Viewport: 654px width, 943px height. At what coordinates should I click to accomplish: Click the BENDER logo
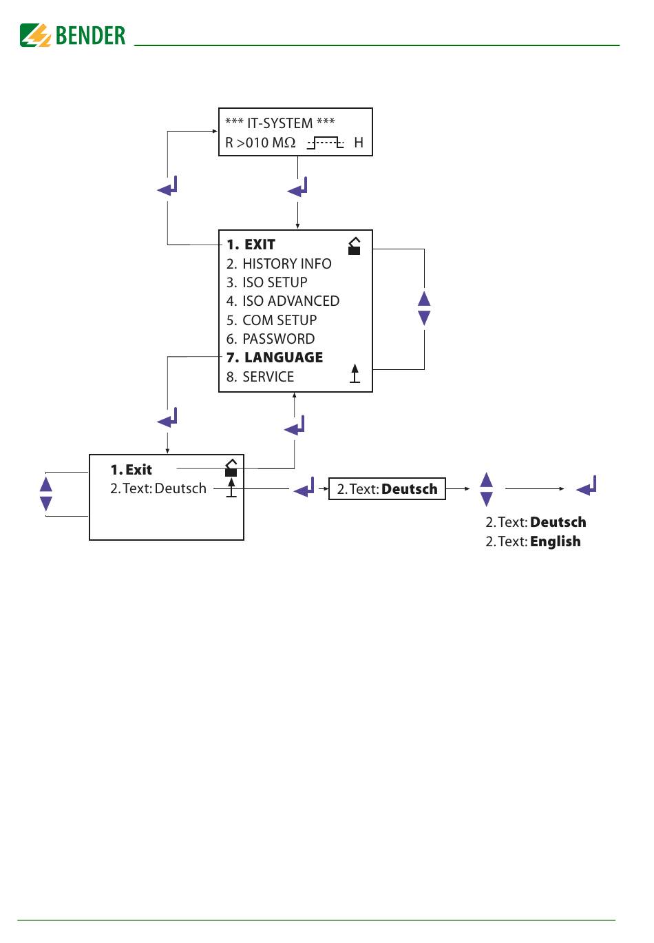pos(73,35)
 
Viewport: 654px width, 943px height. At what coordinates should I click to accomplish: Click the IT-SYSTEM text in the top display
pos(279,123)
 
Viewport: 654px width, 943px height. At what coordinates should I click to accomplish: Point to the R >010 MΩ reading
pos(260,143)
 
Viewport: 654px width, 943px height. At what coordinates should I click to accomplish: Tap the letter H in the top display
pos(359,143)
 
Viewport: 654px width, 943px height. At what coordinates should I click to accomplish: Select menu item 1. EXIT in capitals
pos(251,245)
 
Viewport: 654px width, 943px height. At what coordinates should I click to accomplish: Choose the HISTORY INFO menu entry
pos(279,264)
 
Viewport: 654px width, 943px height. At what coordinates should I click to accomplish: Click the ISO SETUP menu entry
pos(267,282)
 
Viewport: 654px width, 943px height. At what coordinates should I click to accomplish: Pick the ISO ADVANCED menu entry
pos(283,301)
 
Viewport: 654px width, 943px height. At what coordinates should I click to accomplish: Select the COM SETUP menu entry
pos(272,320)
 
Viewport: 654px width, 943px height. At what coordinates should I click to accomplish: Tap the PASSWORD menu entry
pos(271,339)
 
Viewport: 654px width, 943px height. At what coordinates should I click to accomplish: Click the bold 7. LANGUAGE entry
pos(275,357)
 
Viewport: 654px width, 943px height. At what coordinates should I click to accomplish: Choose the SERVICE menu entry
pos(260,377)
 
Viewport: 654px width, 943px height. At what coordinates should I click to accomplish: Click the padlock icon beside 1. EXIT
pos(355,246)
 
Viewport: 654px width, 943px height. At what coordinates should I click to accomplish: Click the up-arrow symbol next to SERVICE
pos(355,373)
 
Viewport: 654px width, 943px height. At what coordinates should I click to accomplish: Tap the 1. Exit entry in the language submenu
pos(131,470)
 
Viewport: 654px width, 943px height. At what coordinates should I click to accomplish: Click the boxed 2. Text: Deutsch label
pos(387,489)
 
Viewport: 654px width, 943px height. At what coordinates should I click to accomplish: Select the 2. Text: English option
pos(533,541)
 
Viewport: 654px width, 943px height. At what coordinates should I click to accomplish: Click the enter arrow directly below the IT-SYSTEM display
pos(298,187)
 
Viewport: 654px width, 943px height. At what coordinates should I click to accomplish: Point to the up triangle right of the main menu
pos(424,298)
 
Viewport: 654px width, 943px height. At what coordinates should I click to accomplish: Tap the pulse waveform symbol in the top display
pos(325,143)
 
